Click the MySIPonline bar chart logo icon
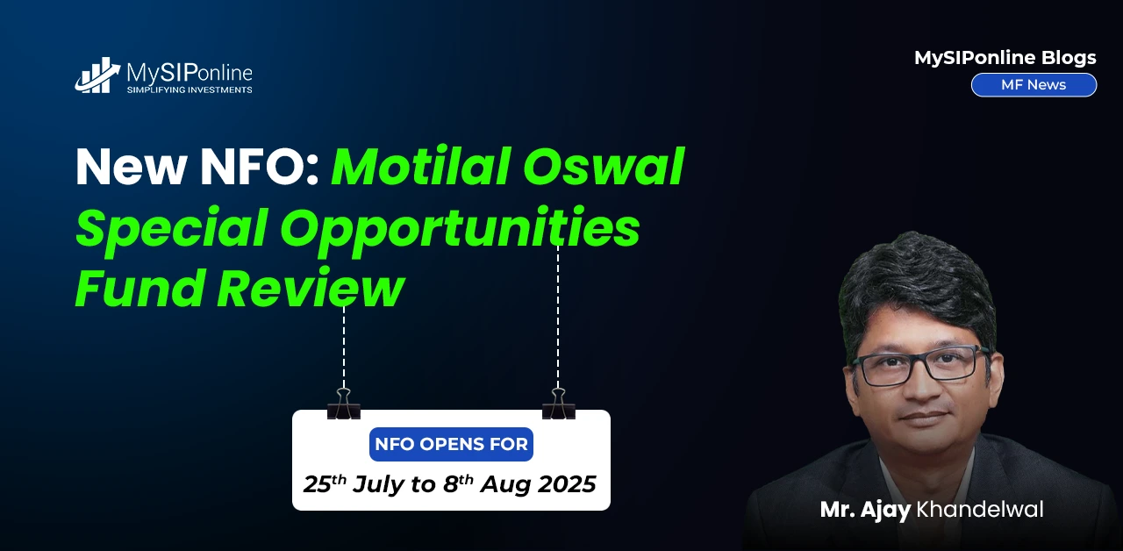[97, 75]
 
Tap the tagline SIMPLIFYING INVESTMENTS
[190, 89]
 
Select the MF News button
[1034, 85]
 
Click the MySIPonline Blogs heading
[1005, 58]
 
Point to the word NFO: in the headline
[260, 167]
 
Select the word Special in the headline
[171, 227]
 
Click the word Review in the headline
[311, 288]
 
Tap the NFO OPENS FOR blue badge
[451, 444]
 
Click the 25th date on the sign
[325, 483]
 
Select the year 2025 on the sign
[568, 484]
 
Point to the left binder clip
[344, 404]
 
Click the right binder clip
[559, 404]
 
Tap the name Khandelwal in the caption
[980, 510]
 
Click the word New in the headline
[132, 167]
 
